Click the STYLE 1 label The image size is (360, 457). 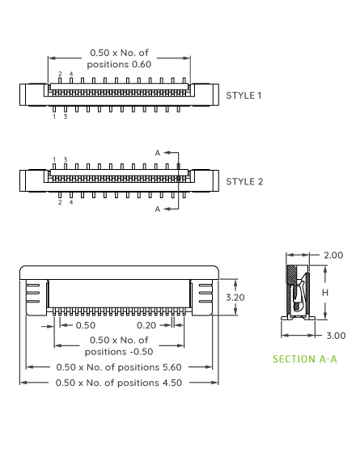pyautogui.click(x=244, y=95)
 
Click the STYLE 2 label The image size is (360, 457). pyautogui.click(x=244, y=181)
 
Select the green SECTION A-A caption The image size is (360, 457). pyautogui.click(x=304, y=358)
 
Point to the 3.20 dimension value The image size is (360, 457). pyautogui.click(x=235, y=298)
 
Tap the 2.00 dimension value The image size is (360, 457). pyautogui.click(x=332, y=256)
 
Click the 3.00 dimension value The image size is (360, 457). pyautogui.click(x=335, y=335)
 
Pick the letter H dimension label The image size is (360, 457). pyautogui.click(x=324, y=292)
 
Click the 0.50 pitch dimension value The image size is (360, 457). pyautogui.click(x=85, y=325)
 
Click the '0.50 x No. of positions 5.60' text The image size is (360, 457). pyautogui.click(x=119, y=367)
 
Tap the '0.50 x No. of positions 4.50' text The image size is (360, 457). pyautogui.click(x=119, y=382)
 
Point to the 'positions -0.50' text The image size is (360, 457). pyautogui.click(x=119, y=351)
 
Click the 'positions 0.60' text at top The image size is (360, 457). pyautogui.click(x=119, y=64)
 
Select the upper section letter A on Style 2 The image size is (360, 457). pyautogui.click(x=158, y=152)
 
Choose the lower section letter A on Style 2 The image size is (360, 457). pyautogui.click(x=158, y=209)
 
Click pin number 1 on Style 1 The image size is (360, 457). pyautogui.click(x=54, y=116)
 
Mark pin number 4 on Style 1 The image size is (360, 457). pyautogui.click(x=70, y=74)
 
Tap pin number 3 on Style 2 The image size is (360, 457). pyautogui.click(x=65, y=159)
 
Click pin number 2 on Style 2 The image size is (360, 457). pyautogui.click(x=60, y=202)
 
